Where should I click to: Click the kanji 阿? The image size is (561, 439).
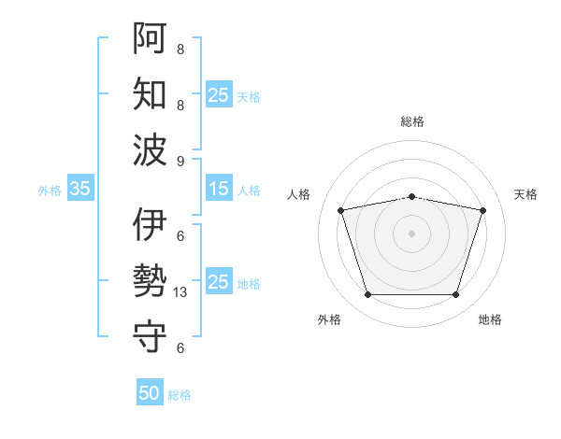150,38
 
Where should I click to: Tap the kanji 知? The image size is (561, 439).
150,94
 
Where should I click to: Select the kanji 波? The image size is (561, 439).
150,149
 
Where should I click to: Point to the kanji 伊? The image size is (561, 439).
150,225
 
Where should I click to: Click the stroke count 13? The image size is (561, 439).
181,292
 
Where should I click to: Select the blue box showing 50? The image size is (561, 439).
150,393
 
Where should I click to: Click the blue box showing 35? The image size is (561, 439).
80,189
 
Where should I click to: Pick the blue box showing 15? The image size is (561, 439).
219,189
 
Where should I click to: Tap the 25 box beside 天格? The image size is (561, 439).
219,94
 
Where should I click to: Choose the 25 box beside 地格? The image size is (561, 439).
219,281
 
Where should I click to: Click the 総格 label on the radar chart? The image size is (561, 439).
412,121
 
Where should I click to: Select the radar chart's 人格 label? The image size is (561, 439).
299,194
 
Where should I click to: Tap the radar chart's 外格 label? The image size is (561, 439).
329,319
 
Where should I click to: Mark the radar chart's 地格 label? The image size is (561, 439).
490,319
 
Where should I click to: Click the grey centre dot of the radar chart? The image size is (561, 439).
411,234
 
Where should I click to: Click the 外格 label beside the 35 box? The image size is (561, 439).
50,190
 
